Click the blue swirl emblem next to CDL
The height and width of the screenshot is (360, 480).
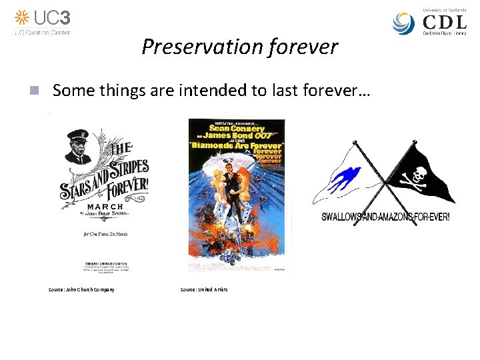(405, 23)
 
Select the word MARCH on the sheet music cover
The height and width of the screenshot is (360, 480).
(103, 207)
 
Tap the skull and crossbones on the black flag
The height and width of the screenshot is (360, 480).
(411, 174)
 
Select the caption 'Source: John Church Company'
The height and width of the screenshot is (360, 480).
(81, 289)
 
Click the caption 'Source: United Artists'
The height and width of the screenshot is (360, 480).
(204, 289)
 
